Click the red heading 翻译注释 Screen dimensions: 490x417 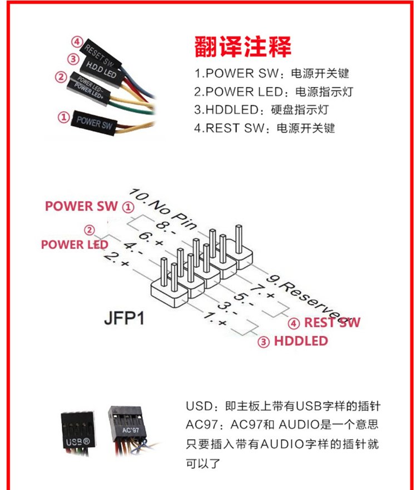pyautogui.click(x=243, y=47)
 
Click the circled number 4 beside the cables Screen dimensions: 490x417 pyautogui.click(x=77, y=42)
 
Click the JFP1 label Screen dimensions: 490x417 pyautogui.click(x=124, y=320)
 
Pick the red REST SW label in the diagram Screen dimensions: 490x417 pyautogui.click(x=332, y=322)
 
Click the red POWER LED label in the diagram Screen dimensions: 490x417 pyautogui.click(x=75, y=244)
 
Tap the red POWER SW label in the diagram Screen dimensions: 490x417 pyautogui.click(x=82, y=206)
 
